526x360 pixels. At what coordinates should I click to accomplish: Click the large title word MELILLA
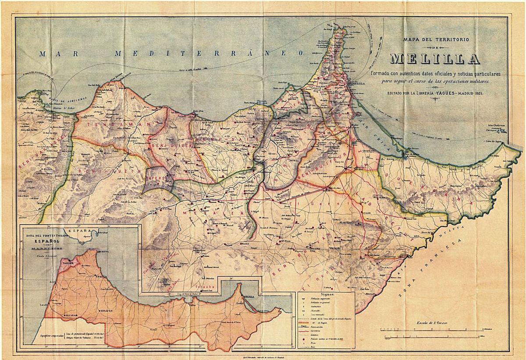click(x=440, y=58)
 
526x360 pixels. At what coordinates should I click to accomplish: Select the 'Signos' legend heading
click(x=326, y=295)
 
